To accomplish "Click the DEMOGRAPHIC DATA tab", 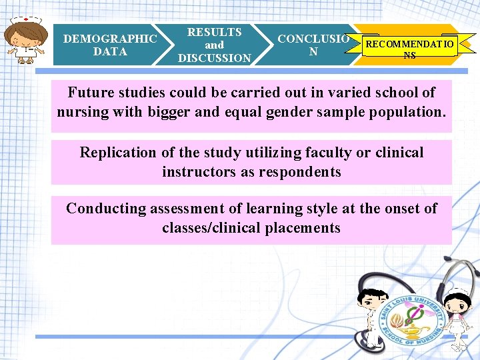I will (110, 45).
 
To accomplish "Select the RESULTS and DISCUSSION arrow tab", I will (214, 45).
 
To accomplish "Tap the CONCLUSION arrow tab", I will (313, 45).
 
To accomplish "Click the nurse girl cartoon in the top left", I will (26, 40).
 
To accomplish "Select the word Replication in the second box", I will (117, 153).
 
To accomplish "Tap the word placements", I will (303, 228).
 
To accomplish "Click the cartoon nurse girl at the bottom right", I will (457, 313).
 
